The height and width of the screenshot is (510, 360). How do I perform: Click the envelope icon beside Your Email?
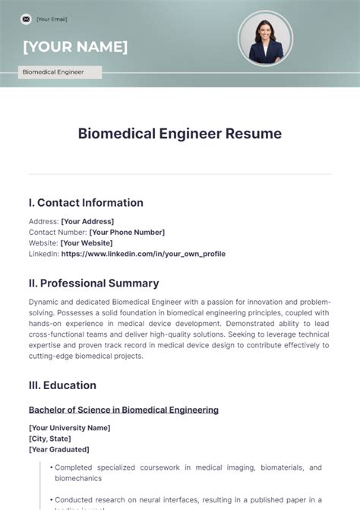[26, 18]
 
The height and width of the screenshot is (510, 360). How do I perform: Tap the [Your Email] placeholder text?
[52, 19]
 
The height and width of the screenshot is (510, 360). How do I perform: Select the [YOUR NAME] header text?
[75, 47]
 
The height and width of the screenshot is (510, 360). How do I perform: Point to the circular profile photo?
[265, 37]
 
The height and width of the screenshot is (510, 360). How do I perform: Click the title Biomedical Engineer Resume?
[180, 134]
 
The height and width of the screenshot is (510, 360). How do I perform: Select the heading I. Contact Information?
[86, 203]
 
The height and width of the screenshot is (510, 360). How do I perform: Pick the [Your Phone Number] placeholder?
[127, 232]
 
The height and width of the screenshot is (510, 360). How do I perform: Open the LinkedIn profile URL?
[144, 254]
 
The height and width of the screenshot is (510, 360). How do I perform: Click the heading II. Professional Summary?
[93, 284]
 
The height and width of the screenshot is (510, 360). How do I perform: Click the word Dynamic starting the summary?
[44, 302]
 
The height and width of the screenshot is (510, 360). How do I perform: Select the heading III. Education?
[62, 385]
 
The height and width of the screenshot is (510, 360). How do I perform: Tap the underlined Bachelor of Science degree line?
[124, 410]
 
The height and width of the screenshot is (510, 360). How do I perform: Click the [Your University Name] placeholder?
[69, 428]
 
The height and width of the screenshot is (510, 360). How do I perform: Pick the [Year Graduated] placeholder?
[58, 449]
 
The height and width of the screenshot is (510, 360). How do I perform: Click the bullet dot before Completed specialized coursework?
[50, 467]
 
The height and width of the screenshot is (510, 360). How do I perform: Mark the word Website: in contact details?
[43, 242]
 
